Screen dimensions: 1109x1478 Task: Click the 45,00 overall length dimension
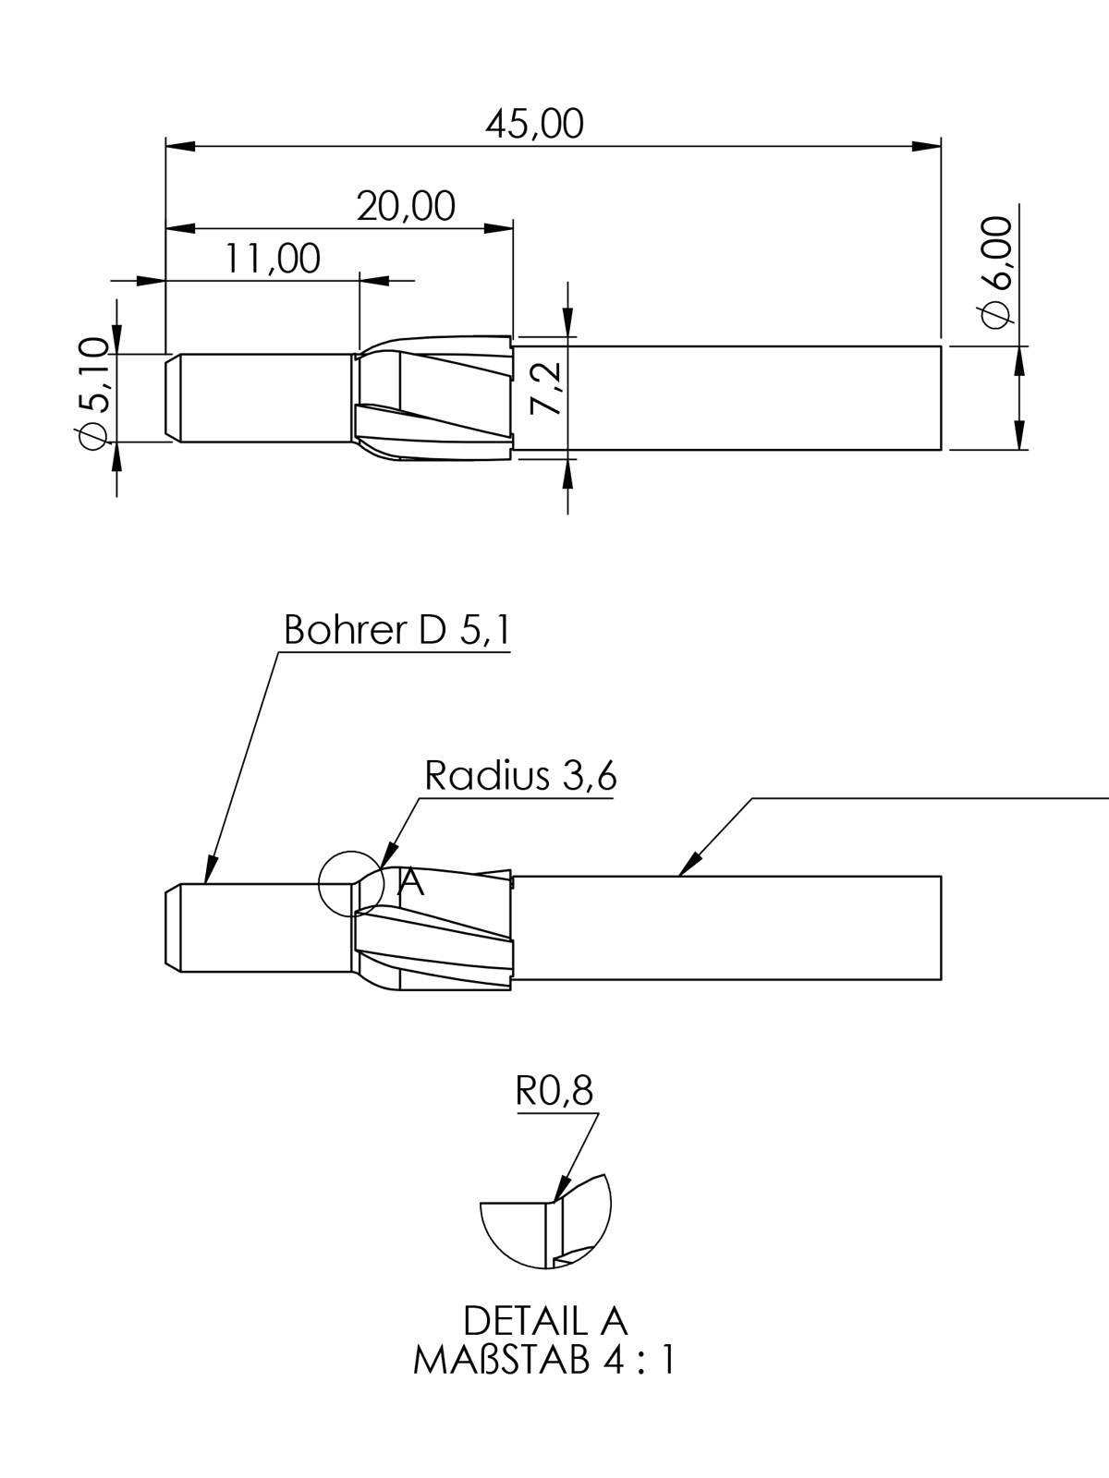(x=535, y=124)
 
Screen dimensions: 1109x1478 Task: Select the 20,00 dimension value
(x=406, y=206)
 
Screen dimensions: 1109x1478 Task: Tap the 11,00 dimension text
(x=272, y=259)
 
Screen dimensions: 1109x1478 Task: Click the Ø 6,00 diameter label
(x=997, y=272)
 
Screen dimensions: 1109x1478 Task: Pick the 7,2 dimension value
(x=545, y=388)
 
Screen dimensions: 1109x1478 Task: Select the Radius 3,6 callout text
(x=520, y=776)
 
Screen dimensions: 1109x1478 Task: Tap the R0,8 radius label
(x=554, y=1091)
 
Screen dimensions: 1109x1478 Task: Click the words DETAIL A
(x=545, y=1321)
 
